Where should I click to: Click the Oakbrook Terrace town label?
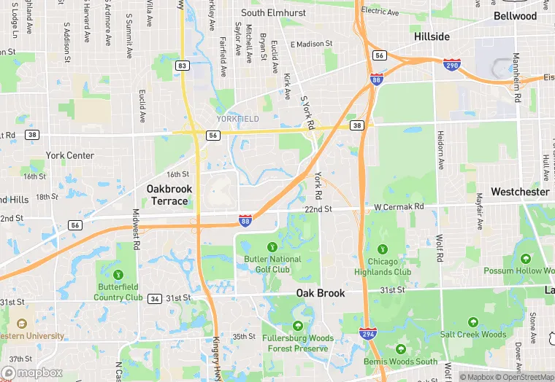pos(169,195)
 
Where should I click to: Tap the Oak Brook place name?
pos(320,293)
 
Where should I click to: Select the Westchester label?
pos(520,192)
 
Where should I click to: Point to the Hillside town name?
pos(432,36)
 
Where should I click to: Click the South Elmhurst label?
pos(273,12)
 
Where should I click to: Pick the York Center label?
pos(69,155)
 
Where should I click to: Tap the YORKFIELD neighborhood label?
pos(238,118)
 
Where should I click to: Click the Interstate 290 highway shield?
pos(452,66)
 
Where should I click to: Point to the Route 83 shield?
pos(183,66)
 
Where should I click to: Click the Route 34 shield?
pos(155,298)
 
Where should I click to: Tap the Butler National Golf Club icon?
pos(272,247)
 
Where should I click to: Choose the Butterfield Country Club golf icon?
pos(118,274)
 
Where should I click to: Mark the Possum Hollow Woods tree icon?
pos(526,259)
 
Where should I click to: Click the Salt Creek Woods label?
pos(472,335)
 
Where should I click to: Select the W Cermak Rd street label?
pos(399,207)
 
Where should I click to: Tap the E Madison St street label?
pos(311,44)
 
